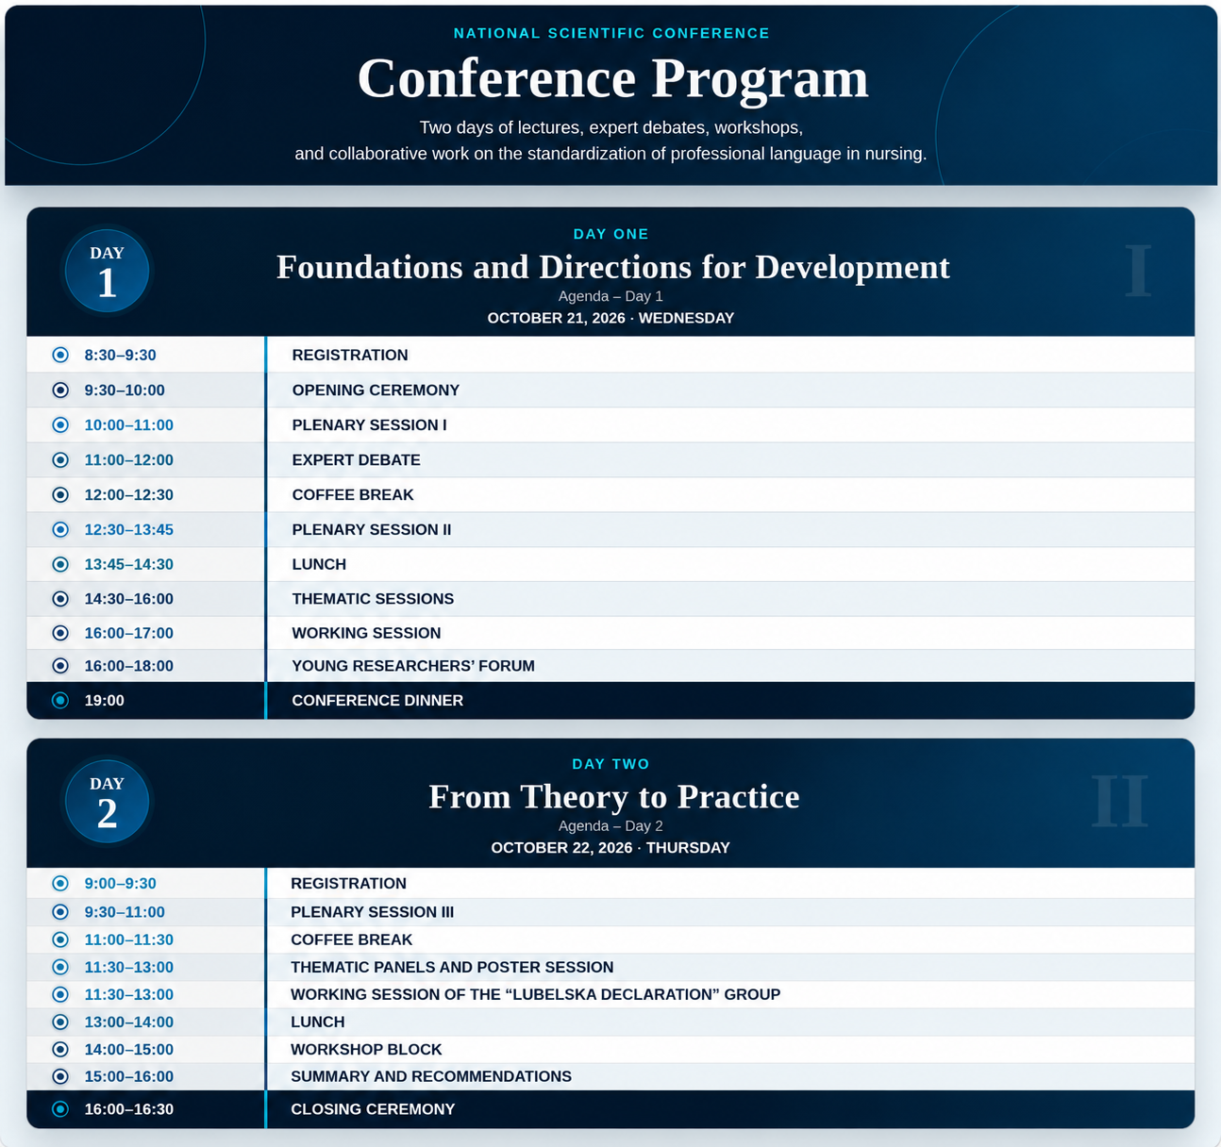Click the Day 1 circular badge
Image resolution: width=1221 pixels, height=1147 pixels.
tap(107, 271)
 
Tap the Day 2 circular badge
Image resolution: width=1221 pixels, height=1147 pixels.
tap(107, 801)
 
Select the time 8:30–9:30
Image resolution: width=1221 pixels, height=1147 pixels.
tap(121, 355)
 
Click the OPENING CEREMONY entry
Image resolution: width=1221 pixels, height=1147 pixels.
tap(376, 390)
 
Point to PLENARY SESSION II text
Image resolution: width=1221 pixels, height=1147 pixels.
tap(372, 529)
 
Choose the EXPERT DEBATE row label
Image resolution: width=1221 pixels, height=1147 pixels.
tap(356, 459)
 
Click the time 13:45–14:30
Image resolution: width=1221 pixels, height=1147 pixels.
tap(129, 564)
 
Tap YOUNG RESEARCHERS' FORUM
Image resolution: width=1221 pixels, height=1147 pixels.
tap(413, 666)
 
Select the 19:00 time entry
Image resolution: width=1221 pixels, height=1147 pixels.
tap(105, 700)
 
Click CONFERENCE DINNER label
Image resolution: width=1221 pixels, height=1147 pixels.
tap(377, 700)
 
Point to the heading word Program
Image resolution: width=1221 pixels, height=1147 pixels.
tap(760, 81)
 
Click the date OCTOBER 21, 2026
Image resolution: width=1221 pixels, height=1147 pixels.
tap(557, 318)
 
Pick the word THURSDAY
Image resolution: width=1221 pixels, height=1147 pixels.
tap(688, 848)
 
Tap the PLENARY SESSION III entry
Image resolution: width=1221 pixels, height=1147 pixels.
tap(372, 911)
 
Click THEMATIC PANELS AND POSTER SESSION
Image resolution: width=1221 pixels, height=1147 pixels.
tap(452, 967)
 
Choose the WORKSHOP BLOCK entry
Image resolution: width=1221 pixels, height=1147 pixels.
tap(366, 1049)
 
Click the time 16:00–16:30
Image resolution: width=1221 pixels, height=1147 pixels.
tap(129, 1109)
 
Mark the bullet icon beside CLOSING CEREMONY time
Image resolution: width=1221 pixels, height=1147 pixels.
tap(60, 1109)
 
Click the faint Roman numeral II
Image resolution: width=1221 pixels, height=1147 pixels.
tap(1119, 800)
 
